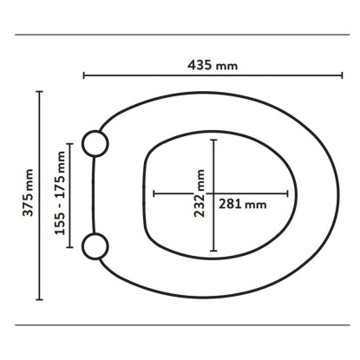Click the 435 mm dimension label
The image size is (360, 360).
[x=213, y=65]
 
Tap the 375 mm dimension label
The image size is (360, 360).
[x=29, y=193]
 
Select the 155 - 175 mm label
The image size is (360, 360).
[x=60, y=193]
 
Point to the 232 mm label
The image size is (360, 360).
[x=200, y=193]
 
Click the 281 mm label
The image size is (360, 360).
[x=242, y=204]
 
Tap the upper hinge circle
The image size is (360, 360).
[x=95, y=144]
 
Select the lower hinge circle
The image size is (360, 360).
[x=95, y=246]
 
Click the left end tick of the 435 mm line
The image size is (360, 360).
[x=84, y=75]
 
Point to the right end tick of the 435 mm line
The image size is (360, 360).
[x=342, y=75]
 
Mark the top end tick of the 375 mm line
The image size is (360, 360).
[x=39, y=92]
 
